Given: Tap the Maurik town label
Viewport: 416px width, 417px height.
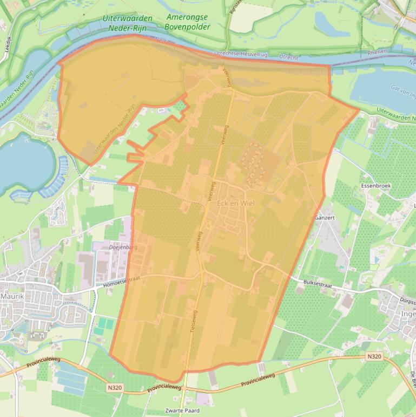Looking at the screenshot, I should point(13,296).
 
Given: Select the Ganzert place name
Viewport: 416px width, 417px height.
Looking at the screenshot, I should point(324,217).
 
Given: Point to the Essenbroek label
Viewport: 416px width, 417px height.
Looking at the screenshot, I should point(375,185).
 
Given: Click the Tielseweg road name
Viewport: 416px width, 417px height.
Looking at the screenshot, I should point(193,325).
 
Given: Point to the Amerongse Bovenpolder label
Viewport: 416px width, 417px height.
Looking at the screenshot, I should point(187,22).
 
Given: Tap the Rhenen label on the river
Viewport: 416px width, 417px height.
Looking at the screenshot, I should point(377,52).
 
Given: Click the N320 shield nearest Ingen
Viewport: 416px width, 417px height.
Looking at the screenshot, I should point(373,356).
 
